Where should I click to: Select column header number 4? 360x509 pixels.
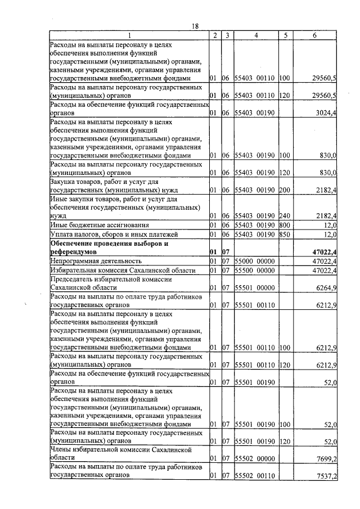[256, 35]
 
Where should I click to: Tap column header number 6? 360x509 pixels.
[314, 35]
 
